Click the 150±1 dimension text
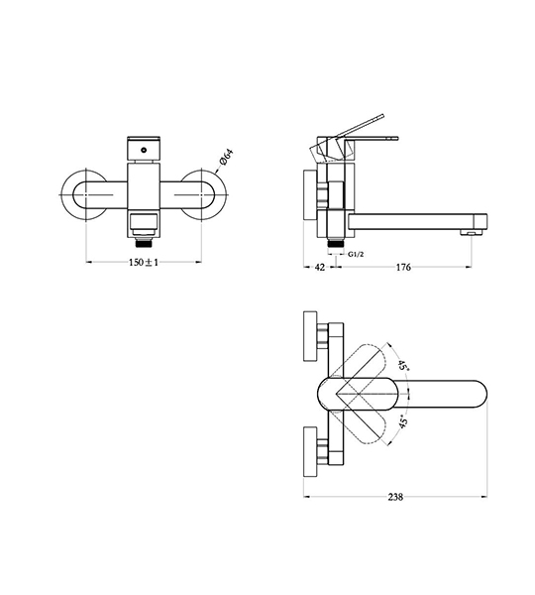pyautogui.click(x=144, y=262)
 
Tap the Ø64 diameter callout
pyautogui.click(x=226, y=158)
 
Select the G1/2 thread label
pyautogui.click(x=356, y=254)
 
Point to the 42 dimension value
pyautogui.click(x=320, y=267)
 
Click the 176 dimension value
pyautogui.click(x=403, y=267)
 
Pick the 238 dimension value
pyautogui.click(x=395, y=497)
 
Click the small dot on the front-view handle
pyautogui.click(x=144, y=151)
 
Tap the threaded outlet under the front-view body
pyautogui.click(x=144, y=243)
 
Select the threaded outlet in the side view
pyautogui.click(x=336, y=243)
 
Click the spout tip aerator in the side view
pyautogui.click(x=471, y=232)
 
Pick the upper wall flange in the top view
pyautogui.click(x=310, y=336)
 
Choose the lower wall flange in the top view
pyautogui.click(x=310, y=451)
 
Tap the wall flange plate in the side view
pyautogui.click(x=310, y=194)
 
